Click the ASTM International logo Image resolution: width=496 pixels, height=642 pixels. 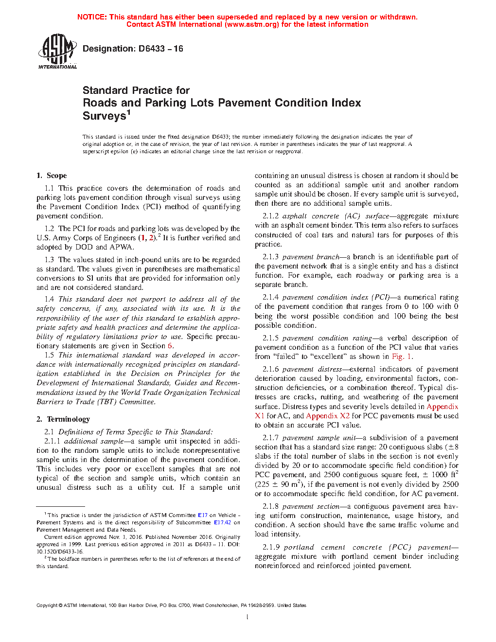click(x=57, y=52)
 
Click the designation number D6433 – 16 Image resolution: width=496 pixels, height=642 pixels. click(x=160, y=49)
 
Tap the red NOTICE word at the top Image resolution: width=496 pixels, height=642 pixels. click(x=92, y=17)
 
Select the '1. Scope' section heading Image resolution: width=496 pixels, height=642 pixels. click(x=52, y=176)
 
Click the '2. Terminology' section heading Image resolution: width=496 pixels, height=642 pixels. click(x=63, y=419)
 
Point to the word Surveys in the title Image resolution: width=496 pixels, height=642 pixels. click(x=105, y=116)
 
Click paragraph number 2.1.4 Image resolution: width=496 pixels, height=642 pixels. click(x=271, y=297)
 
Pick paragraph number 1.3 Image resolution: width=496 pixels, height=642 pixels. click(x=49, y=260)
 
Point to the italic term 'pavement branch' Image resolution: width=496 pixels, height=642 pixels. click(x=310, y=257)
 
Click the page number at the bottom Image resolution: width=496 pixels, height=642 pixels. click(x=248, y=617)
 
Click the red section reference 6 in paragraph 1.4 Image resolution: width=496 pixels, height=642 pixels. click(x=170, y=346)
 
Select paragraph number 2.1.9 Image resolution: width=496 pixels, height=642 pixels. click(x=271, y=547)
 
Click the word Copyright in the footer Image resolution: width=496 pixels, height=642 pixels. click(x=47, y=606)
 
